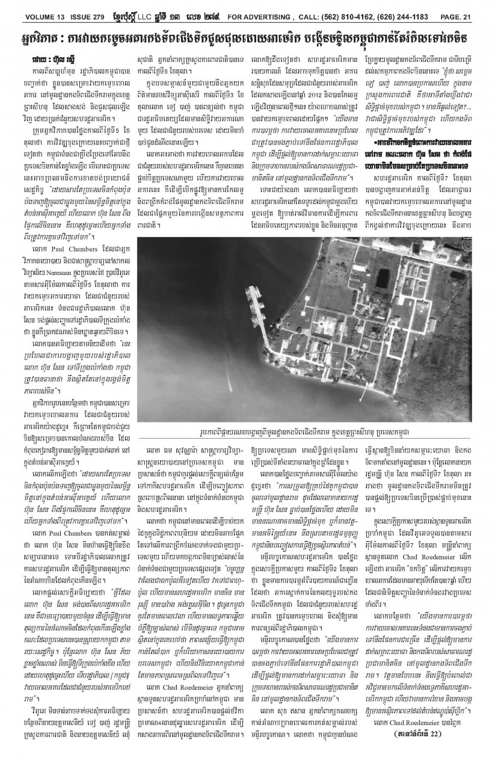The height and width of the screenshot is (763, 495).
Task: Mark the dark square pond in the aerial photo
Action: coord(382,241)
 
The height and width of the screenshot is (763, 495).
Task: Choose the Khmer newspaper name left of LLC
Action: coord(125,7)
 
